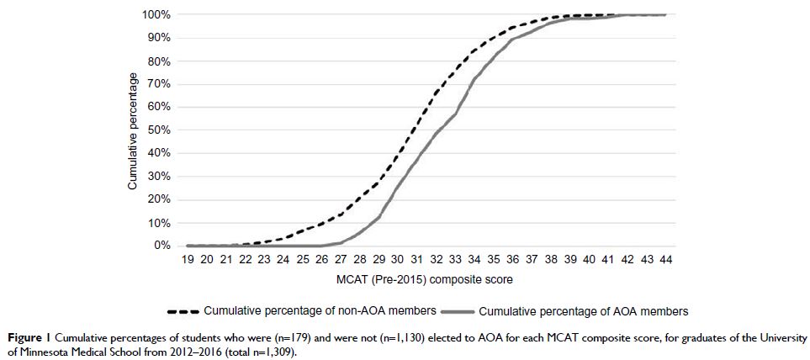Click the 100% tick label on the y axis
156,15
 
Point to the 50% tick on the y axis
159,130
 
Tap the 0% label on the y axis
162,246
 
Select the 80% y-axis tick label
159,61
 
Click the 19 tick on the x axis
188,261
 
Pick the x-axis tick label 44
665,261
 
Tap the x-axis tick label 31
417,261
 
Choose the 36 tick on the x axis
512,261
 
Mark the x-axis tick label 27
341,261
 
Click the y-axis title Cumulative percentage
133,130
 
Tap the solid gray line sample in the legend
456,310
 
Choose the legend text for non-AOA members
320,310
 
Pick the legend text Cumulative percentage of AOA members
583,311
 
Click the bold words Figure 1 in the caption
24,337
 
